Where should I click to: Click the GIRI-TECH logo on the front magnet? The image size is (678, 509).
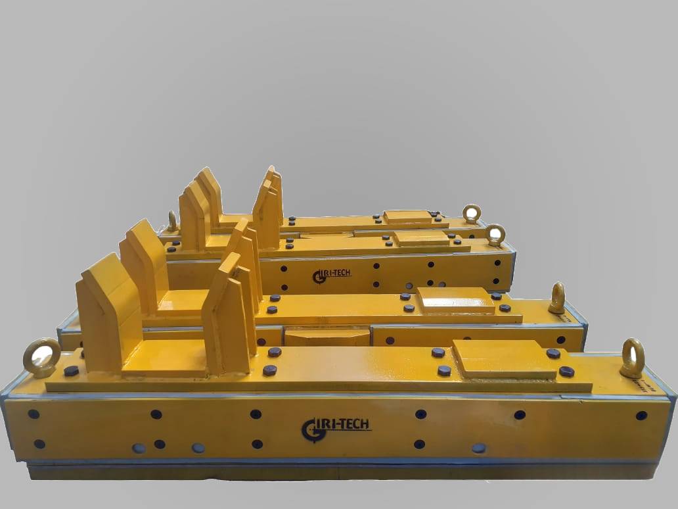click(x=336, y=427)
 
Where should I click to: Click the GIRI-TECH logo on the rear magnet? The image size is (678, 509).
click(x=332, y=274)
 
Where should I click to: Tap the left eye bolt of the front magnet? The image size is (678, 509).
click(x=42, y=358)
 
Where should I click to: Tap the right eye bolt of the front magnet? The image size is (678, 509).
click(x=632, y=358)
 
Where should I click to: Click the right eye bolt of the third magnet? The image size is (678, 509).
click(x=496, y=235)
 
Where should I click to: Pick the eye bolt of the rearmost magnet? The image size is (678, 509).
click(x=471, y=213)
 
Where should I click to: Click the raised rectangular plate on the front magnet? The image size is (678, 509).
click(x=505, y=358)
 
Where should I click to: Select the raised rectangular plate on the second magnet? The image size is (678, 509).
click(x=457, y=299)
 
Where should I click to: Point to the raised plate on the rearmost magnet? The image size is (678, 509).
click(x=409, y=216)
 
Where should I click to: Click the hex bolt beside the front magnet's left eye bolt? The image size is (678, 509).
click(x=71, y=371)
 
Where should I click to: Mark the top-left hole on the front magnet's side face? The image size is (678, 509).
click(x=34, y=414)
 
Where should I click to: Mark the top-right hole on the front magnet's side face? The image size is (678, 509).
click(x=641, y=415)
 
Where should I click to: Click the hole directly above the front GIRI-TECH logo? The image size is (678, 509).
click(x=256, y=414)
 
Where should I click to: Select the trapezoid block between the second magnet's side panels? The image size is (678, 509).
click(x=327, y=337)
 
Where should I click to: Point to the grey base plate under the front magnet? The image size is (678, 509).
click(x=328, y=470)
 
